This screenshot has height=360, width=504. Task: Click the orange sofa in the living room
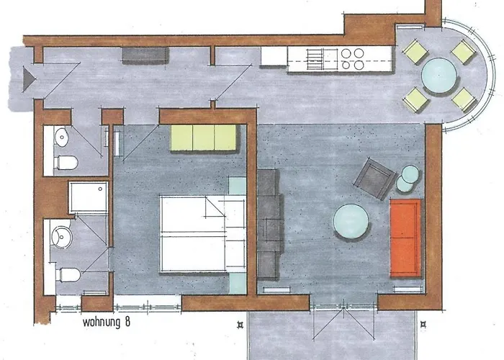coord(405,238)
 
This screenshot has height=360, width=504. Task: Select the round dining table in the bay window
coord(439,76)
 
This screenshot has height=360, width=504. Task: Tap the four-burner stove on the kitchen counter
coord(353,59)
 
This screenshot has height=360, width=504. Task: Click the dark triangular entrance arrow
coord(29,78)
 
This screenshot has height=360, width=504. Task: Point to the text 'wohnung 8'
coord(107,322)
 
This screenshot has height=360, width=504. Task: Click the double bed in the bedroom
coord(203,234)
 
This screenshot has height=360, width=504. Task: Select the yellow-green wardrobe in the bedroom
coord(204,138)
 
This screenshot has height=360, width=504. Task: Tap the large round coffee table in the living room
coord(351,222)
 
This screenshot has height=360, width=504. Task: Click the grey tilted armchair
coord(375,179)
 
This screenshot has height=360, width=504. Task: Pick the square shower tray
coord(89,197)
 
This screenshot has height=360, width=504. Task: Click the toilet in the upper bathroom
coord(67,163)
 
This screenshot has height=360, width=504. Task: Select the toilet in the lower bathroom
coord(69,275)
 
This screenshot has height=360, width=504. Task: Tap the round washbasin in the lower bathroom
coord(62,237)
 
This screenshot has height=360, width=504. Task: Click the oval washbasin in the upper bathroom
coord(62,138)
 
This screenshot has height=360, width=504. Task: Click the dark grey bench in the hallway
coord(145,55)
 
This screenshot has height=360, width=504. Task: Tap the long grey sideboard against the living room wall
coord(269,224)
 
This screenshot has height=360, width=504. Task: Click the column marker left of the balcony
coord(240,325)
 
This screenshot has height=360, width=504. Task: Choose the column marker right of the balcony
coord(423,325)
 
